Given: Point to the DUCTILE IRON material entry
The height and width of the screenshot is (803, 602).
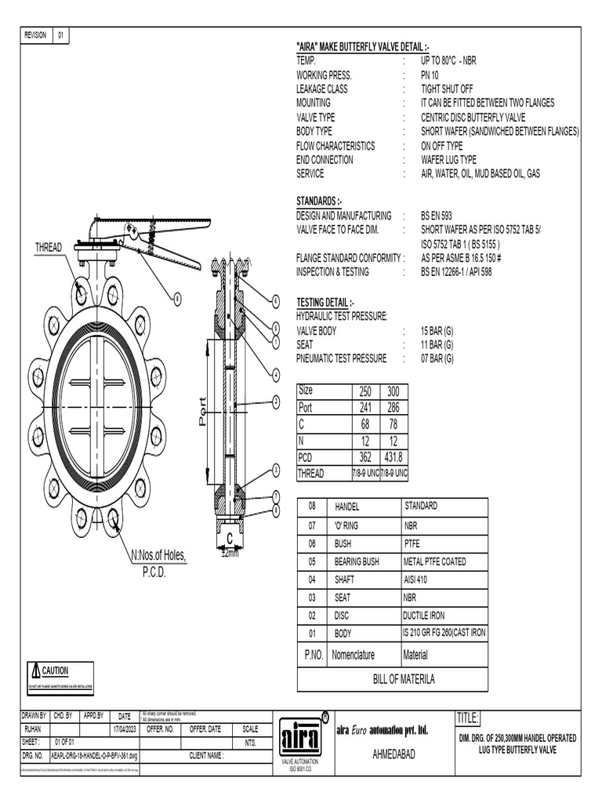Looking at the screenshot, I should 423,616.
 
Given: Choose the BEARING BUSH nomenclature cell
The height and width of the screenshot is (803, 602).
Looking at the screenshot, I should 356,561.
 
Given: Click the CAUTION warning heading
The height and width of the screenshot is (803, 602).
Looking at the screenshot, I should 55,671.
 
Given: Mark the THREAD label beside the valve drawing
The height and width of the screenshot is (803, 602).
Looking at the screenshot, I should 48,248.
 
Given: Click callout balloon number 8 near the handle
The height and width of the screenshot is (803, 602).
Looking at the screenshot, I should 177,298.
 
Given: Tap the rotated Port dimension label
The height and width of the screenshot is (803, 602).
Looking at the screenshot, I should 203,410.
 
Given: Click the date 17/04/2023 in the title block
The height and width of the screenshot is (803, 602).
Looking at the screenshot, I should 125,729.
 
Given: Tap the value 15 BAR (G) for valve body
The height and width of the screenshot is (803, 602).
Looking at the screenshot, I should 437,331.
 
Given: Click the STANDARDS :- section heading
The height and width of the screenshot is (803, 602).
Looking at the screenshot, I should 318,202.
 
